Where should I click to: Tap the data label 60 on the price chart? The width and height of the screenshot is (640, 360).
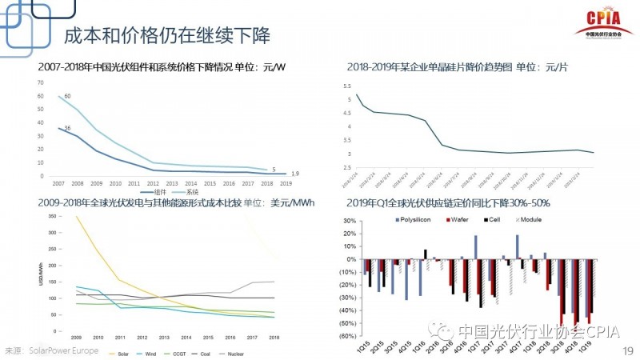pos(67,96)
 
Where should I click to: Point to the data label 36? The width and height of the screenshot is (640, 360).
pos(67,129)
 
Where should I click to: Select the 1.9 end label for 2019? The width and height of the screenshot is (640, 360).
pos(295,174)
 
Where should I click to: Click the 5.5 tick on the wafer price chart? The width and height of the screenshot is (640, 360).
pos(348,86)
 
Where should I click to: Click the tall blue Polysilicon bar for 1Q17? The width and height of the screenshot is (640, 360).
pos(475,247)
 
